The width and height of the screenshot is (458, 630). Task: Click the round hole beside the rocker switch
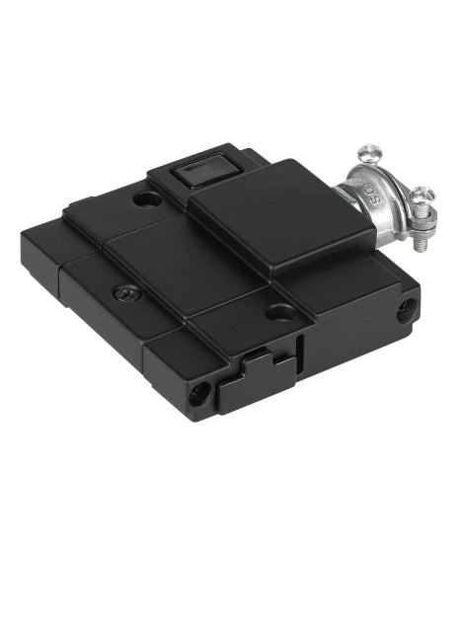tap(149, 200)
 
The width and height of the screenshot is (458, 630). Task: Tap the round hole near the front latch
tap(279, 312)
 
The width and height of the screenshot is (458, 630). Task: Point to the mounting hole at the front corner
tap(201, 393)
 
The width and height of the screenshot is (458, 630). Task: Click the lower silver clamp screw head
tap(422, 195)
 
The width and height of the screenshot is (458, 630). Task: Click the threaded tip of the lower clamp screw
tap(427, 225)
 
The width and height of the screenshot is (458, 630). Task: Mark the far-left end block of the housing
tap(44, 258)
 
